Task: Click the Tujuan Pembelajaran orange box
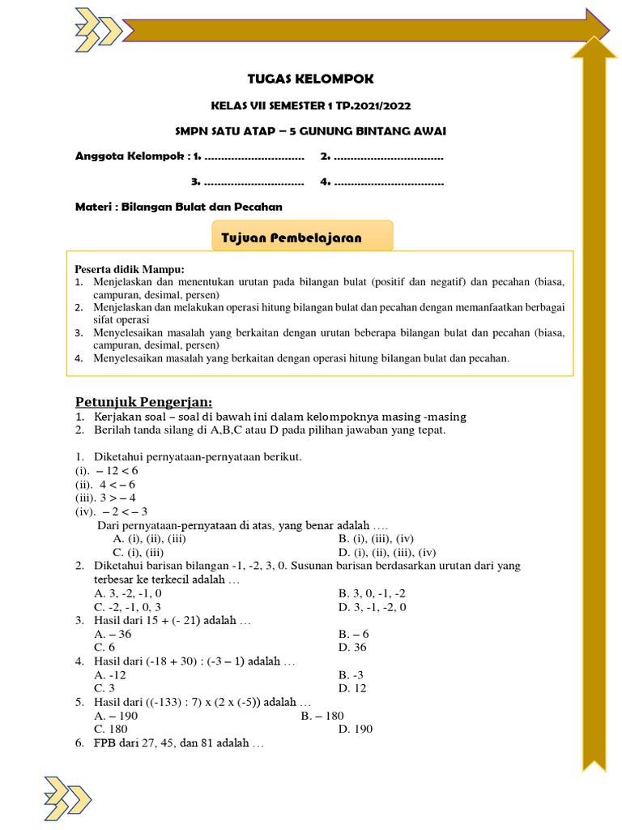click(x=301, y=237)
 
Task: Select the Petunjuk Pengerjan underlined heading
click(x=143, y=402)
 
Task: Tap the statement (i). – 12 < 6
click(x=107, y=470)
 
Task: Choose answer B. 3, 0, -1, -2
click(x=372, y=593)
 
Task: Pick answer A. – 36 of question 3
click(x=113, y=634)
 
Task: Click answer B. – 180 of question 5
click(x=322, y=716)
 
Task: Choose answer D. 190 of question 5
click(x=356, y=729)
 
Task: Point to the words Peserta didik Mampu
click(x=130, y=269)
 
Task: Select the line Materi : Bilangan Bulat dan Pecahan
click(x=178, y=207)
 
